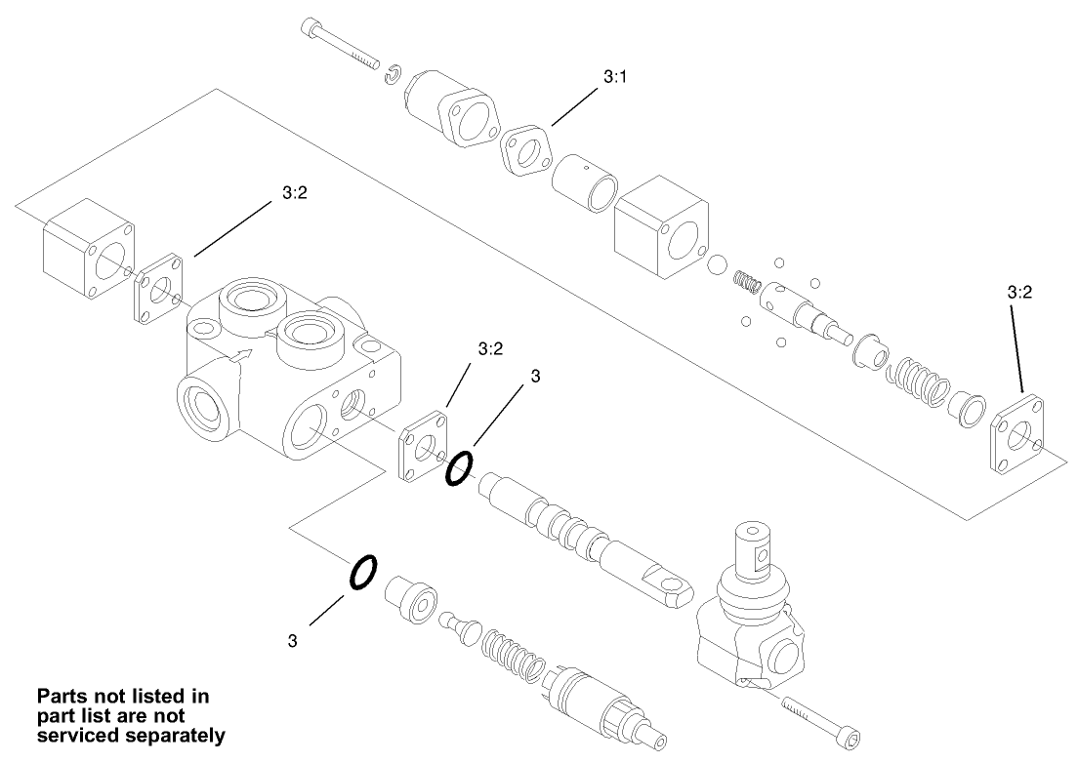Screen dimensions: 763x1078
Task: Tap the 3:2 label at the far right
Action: tap(1019, 291)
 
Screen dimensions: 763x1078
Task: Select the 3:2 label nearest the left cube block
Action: tap(295, 193)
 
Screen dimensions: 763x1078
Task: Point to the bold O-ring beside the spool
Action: tap(460, 468)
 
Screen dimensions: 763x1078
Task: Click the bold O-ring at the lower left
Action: tap(361, 573)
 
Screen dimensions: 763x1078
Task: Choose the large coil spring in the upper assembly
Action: tap(918, 382)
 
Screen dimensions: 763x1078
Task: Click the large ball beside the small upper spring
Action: tap(718, 265)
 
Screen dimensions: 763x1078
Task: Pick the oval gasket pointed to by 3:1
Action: tap(527, 151)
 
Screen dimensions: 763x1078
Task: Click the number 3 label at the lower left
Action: tap(293, 641)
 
